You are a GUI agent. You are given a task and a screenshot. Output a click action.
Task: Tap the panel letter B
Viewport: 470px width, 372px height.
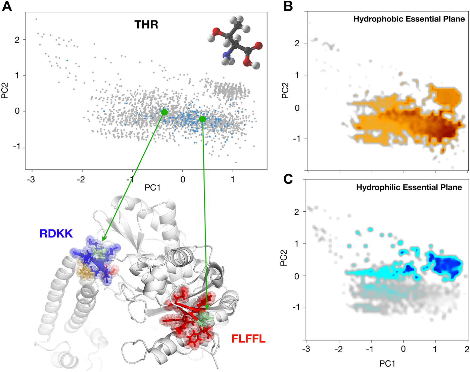point(288,6)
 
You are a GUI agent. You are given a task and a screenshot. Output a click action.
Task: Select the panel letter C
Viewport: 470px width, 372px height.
point(288,179)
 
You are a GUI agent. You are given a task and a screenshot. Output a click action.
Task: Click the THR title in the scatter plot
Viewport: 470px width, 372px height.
point(146,24)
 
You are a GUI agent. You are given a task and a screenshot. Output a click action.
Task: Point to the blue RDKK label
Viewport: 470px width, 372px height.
point(56,233)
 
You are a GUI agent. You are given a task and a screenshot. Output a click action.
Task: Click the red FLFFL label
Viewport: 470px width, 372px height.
point(248,339)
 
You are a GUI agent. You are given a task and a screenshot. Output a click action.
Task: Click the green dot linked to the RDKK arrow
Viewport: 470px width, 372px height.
point(164,112)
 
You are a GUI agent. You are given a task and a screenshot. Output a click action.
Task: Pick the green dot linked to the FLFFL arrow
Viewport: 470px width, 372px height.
point(202,119)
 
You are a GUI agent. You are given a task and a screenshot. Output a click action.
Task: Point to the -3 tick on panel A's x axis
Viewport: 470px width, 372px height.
point(31,179)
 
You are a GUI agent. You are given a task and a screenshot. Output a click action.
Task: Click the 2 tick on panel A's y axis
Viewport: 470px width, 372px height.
point(17,40)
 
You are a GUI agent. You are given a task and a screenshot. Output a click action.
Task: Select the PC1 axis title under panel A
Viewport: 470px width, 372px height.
point(152,188)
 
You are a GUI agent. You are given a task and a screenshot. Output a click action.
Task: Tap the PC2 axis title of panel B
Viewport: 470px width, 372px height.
point(285,91)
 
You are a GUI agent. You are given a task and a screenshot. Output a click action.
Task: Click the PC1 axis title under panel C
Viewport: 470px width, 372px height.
point(387,364)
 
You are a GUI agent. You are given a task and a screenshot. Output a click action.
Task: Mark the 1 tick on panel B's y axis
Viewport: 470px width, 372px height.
point(297,75)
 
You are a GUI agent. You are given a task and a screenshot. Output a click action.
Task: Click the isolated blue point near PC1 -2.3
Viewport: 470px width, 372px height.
point(67,60)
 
